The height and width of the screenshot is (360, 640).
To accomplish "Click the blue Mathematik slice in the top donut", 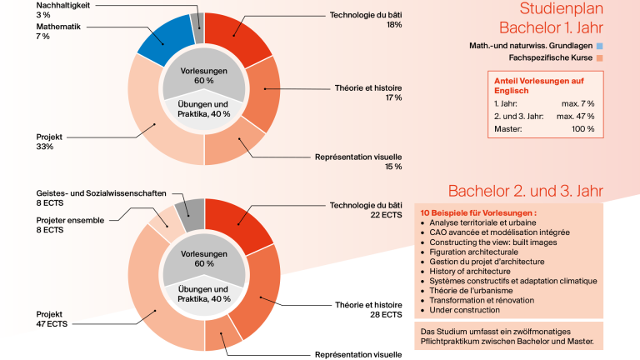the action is tap(165, 41).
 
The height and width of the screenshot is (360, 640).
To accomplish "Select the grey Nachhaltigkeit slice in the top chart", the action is tap(198, 27).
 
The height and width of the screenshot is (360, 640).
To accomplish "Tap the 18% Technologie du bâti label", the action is tap(366, 20).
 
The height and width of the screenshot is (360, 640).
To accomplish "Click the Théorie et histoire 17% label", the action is tap(368, 92).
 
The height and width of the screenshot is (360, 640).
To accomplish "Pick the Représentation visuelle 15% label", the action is tap(358, 162).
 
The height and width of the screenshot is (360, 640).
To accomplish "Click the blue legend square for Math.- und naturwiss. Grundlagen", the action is tap(600, 46).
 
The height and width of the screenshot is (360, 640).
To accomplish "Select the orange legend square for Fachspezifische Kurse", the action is tap(600, 58).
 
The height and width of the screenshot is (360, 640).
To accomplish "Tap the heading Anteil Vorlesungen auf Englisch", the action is tap(539, 86).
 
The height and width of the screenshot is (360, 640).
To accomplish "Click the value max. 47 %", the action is tap(575, 117).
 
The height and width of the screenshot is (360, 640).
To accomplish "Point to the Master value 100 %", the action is tap(582, 129).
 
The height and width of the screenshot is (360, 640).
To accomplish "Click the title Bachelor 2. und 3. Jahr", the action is tap(525, 191).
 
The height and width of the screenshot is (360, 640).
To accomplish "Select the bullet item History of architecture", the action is tap(470, 272).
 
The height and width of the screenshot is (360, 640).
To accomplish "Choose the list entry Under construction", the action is tap(464, 310).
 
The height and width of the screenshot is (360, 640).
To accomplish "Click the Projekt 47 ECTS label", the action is tap(52, 319).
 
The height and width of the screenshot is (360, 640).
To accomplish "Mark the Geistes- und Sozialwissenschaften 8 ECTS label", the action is tap(101, 198).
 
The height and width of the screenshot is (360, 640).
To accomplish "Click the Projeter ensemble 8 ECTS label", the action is tap(70, 225).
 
